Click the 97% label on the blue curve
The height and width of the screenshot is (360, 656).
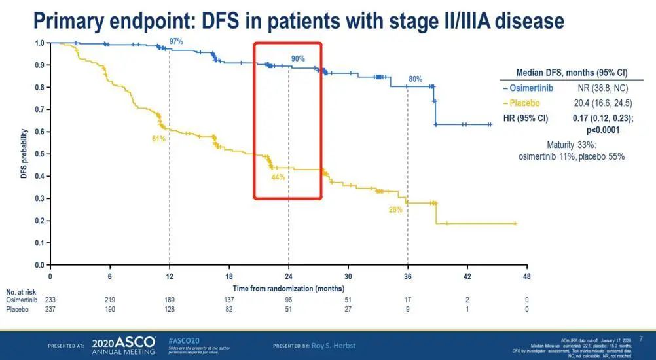[176, 41]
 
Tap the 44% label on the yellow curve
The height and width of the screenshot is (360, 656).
[278, 177]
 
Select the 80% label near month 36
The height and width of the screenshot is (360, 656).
[415, 79]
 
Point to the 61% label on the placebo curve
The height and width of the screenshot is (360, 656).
[158, 139]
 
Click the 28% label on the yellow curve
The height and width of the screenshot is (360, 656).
[395, 209]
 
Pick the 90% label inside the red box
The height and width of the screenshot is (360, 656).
[298, 59]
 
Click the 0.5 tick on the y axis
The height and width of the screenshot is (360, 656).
[39, 154]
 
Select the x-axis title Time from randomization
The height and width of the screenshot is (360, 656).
[289, 288]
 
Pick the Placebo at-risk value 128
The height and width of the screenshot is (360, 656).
[170, 308]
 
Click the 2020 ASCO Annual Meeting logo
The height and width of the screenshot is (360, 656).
[124, 345]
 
